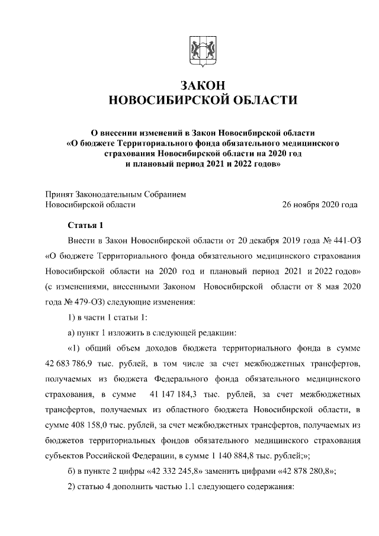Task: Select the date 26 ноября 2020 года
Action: (x=320, y=205)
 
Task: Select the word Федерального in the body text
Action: (x=189, y=378)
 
